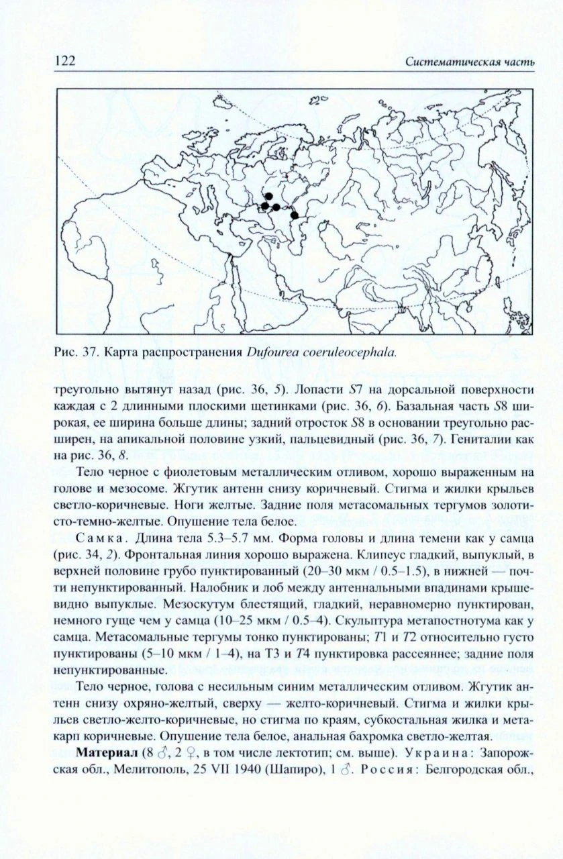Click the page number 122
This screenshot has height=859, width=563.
(x=64, y=62)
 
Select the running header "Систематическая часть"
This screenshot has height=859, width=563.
(x=470, y=62)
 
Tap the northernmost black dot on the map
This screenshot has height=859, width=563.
(x=268, y=196)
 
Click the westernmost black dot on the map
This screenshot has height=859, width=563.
(x=265, y=206)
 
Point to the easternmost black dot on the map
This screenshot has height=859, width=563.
(x=294, y=215)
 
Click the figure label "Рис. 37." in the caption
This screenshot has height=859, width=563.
(x=74, y=351)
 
